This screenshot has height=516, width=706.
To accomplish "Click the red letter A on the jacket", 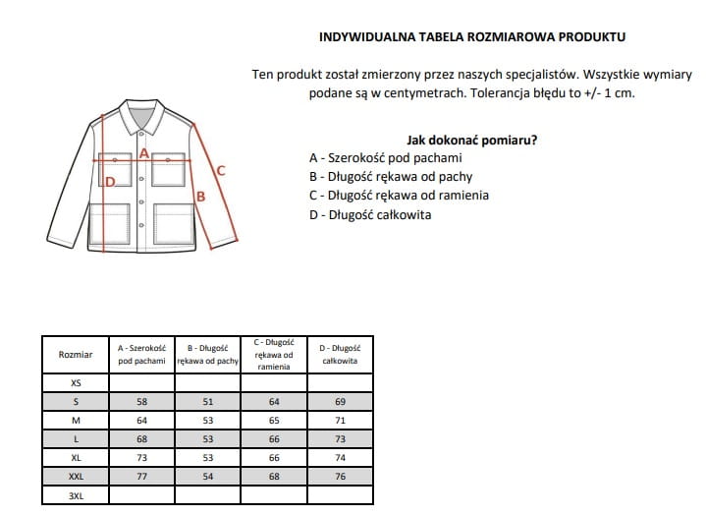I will pyautogui.click(x=144, y=153).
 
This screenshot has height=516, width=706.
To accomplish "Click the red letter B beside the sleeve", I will pyautogui.click(x=201, y=197).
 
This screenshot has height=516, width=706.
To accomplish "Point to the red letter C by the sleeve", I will pyautogui.click(x=221, y=170).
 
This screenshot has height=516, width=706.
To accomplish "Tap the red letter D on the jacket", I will pyautogui.click(x=111, y=181).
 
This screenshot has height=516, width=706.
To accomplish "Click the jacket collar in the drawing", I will pyautogui.click(x=143, y=117).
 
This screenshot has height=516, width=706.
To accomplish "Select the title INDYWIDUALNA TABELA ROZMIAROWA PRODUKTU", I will pyautogui.click(x=472, y=37).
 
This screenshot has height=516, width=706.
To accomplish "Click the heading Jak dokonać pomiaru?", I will pyautogui.click(x=471, y=140).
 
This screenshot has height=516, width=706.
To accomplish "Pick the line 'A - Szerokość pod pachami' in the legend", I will pyautogui.click(x=385, y=158).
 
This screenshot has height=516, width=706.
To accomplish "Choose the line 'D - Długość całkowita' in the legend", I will pyautogui.click(x=369, y=214).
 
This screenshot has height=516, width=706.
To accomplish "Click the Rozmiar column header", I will pyautogui.click(x=76, y=354).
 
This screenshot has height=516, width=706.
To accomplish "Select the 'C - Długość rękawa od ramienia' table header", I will pyautogui.click(x=273, y=354).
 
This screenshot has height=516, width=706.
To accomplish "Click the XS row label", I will pyautogui.click(x=76, y=383).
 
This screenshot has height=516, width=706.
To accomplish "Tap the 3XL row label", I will pyautogui.click(x=76, y=496).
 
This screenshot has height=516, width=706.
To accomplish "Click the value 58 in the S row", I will pyautogui.click(x=141, y=402).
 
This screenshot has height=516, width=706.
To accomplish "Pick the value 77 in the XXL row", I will pyautogui.click(x=141, y=478).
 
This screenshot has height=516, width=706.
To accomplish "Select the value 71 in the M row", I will pyautogui.click(x=340, y=421).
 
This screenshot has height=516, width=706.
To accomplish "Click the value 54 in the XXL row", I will pyautogui.click(x=207, y=478).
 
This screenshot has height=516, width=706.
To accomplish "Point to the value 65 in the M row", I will pyautogui.click(x=273, y=421).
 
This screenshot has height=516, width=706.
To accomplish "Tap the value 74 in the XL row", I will pyautogui.click(x=340, y=459).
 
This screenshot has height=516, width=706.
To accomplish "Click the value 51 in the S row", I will pyautogui.click(x=207, y=402).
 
